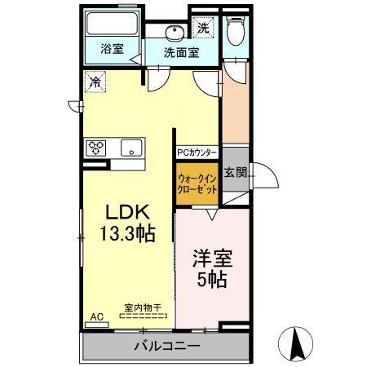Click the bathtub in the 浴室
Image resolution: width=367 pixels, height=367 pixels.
point(112,24)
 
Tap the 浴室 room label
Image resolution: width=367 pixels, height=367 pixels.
point(113,49)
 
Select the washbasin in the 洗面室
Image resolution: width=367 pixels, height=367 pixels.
point(175,33)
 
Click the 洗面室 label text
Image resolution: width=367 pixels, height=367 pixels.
point(181,53)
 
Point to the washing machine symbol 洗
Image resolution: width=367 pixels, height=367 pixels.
point(203,28)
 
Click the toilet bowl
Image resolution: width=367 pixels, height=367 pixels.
point(236,31)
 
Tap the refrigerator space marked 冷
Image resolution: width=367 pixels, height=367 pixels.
point(95,82)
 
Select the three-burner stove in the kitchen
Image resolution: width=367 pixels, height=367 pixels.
point(95,148)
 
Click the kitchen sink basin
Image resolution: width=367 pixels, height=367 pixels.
point(131,148)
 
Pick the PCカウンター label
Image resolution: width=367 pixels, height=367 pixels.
point(197,153)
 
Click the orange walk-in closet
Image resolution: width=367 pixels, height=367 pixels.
point(197,183)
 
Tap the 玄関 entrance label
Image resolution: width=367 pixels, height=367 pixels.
point(236,172)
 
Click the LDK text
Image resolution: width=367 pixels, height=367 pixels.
point(127,212)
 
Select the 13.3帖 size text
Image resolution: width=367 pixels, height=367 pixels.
point(127,233)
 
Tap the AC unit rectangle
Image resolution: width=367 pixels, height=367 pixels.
point(97,325)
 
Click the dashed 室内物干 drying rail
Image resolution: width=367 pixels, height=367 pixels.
point(143,316)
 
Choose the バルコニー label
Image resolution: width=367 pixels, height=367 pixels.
point(167,347)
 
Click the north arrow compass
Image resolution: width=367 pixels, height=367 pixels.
point(296,344)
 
